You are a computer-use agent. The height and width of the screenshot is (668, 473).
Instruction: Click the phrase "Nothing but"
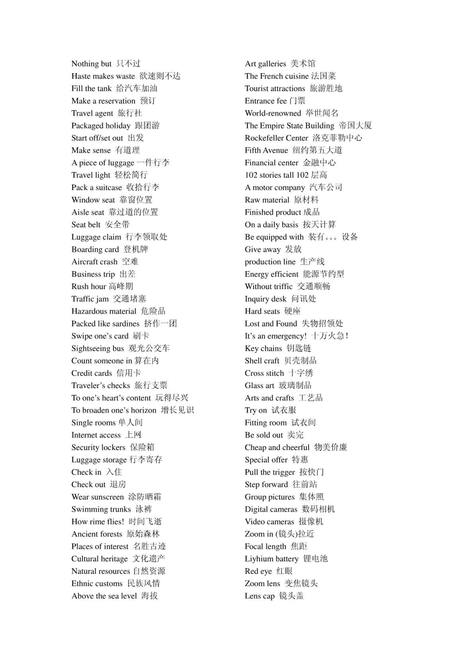[x=91, y=64]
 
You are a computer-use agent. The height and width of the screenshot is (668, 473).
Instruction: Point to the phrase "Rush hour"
[x=89, y=287]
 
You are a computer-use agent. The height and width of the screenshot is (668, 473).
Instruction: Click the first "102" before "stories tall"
[x=250, y=175]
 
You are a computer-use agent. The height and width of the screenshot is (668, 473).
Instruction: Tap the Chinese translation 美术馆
[x=303, y=64]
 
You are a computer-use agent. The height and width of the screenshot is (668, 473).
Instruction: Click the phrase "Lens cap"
[x=259, y=596]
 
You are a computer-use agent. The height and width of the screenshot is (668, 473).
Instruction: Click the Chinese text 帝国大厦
[x=355, y=126]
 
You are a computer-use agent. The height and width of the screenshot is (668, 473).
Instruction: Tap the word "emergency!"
[x=287, y=336]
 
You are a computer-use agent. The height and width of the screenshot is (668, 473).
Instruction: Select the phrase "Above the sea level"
[x=104, y=596]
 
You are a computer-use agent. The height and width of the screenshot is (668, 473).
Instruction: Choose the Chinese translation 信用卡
[x=129, y=373]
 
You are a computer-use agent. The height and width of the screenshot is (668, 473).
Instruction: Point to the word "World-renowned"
[x=273, y=113]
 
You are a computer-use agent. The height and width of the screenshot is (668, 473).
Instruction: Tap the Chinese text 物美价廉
[x=331, y=447]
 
